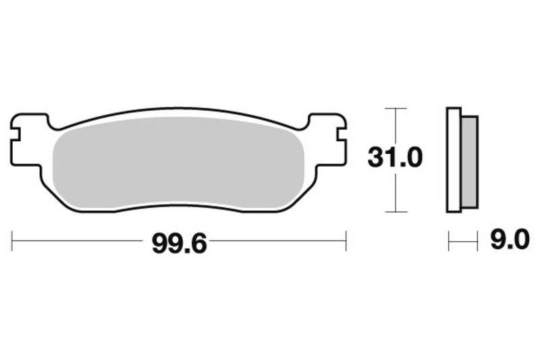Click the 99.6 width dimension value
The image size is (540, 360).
[x=179, y=241]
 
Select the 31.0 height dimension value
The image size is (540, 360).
[x=395, y=158]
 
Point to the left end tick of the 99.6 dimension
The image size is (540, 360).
[x=12, y=240]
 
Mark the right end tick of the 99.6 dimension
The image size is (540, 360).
[x=346, y=240]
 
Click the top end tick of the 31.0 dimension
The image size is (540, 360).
[x=396, y=108]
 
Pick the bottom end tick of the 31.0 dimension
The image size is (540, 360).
[x=396, y=211]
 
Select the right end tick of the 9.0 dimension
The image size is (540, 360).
[x=477, y=240]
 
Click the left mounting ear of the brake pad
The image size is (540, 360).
[x=27, y=138]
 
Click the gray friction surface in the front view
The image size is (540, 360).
[x=179, y=162]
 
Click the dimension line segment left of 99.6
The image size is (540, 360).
[x=81, y=240]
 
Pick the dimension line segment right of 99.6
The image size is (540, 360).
[x=277, y=240]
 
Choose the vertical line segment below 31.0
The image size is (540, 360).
[x=396, y=192]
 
